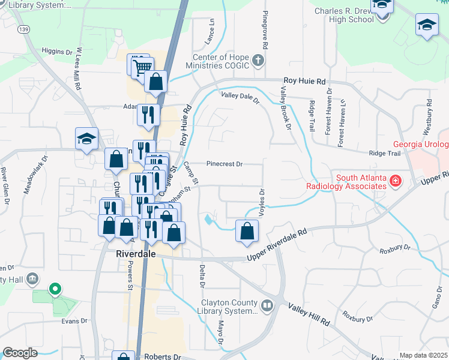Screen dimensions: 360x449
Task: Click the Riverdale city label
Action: [135, 254]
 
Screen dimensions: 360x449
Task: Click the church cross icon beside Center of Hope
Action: [258, 60]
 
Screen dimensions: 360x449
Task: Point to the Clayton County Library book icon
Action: [267, 306]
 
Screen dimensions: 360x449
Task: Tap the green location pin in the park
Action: [55, 290]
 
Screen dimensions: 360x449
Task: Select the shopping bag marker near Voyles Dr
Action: [247, 231]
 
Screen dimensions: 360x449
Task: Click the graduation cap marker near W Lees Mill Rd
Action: [86, 139]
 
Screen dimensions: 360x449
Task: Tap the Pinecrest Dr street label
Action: [224, 163]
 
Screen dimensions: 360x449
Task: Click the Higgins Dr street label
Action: [58, 52]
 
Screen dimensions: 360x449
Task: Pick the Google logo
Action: [20, 353]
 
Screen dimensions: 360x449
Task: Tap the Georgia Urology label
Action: [421, 145]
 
